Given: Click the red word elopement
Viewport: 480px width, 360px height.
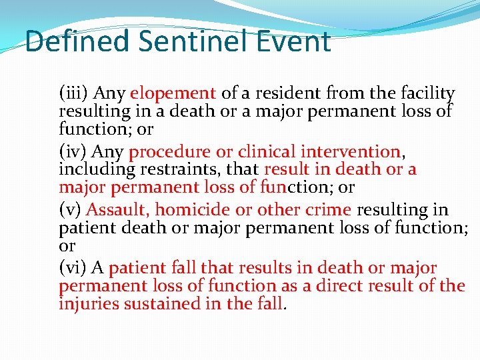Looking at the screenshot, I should [x=173, y=93].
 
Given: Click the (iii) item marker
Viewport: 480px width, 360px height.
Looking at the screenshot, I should [x=75, y=93].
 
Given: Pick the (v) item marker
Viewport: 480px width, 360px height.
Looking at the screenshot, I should [x=70, y=210].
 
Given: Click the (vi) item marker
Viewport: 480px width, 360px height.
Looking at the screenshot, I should [x=73, y=269].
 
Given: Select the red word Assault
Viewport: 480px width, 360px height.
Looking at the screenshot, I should [x=118, y=210].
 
